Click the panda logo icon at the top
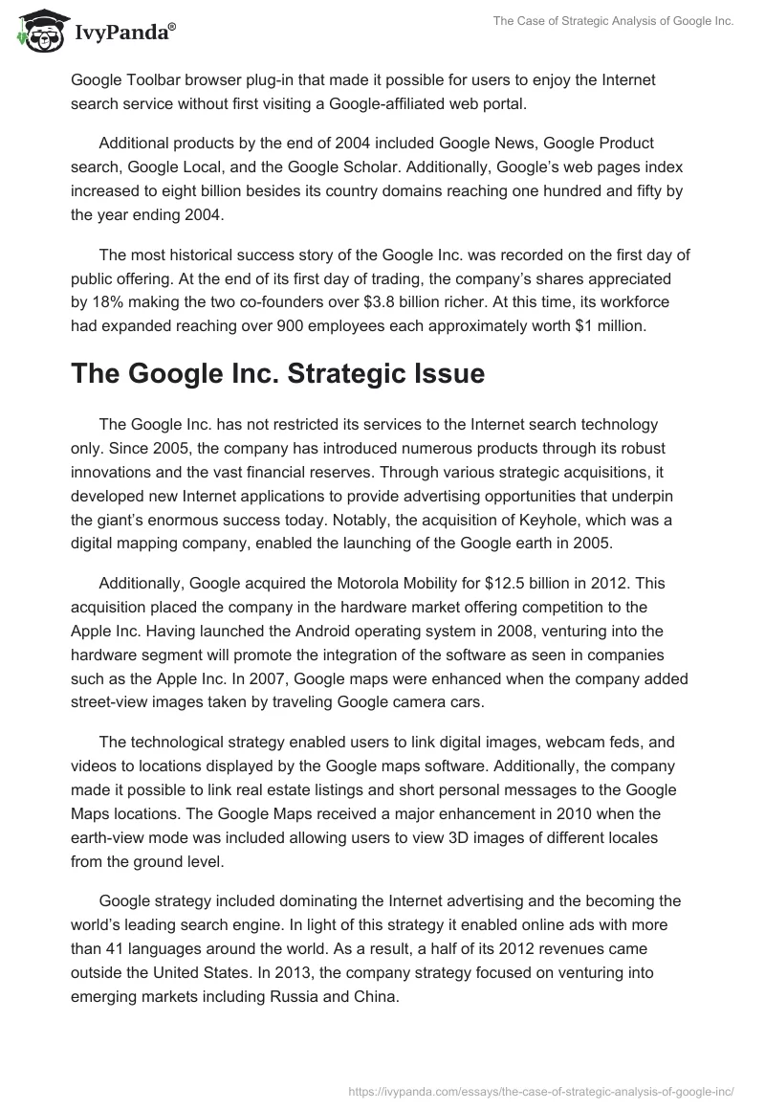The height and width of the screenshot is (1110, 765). click(36, 30)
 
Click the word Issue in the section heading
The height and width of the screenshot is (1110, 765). click(439, 374)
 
